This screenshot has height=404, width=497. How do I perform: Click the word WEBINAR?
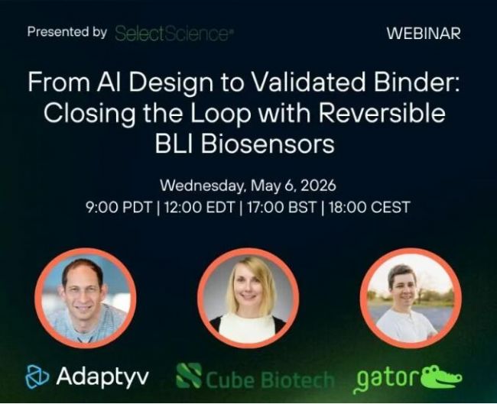[424, 34]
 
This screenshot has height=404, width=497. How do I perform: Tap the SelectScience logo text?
[173, 34]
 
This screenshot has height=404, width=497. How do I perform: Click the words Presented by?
[67, 32]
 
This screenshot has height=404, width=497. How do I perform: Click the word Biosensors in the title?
[267, 144]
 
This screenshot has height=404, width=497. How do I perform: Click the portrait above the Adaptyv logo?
[86, 298]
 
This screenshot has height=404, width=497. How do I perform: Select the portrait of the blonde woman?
[248, 298]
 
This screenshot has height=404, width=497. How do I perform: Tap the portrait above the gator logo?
[411, 298]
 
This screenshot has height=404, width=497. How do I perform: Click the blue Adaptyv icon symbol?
[37, 377]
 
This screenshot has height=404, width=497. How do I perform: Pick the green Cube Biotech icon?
[189, 376]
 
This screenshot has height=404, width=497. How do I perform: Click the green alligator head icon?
[441, 377]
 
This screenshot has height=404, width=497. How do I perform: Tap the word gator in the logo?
[386, 380]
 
